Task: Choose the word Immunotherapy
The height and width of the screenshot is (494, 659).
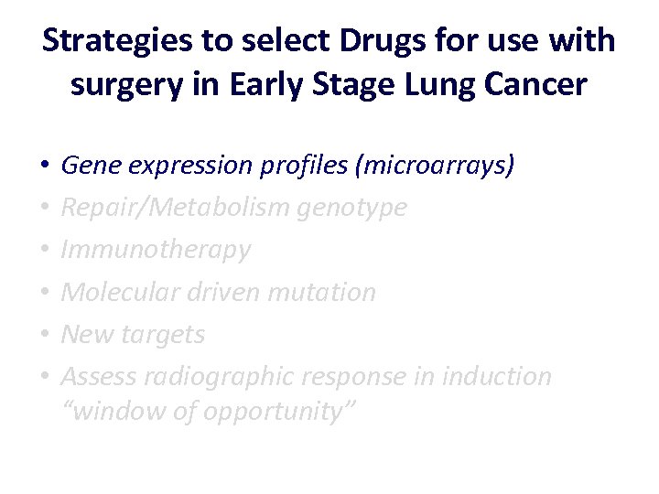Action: [156, 250]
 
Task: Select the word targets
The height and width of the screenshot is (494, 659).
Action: [166, 334]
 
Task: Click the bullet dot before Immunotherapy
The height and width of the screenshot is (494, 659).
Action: [44, 251]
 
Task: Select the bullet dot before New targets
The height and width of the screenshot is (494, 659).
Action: [44, 335]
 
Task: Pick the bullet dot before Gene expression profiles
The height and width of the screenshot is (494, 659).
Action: [44, 166]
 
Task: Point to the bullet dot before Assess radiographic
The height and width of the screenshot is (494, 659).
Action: [44, 377]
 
